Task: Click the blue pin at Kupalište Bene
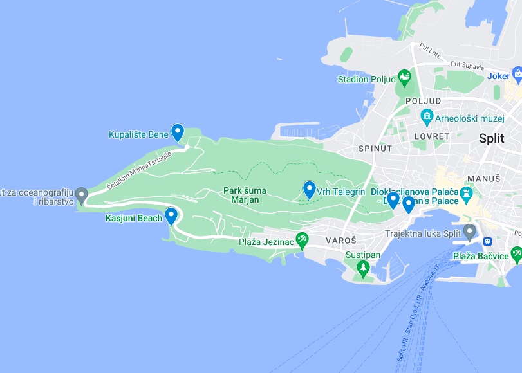pyautogui.click(x=177, y=132)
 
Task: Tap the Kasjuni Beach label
pyautogui.click(x=133, y=219)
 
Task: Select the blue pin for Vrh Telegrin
pyautogui.click(x=310, y=190)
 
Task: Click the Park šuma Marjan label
pyautogui.click(x=241, y=195)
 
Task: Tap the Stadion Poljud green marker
pyautogui.click(x=404, y=78)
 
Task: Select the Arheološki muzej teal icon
pyautogui.click(x=426, y=117)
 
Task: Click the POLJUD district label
pyautogui.click(x=423, y=101)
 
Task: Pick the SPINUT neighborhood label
pyautogui.click(x=375, y=149)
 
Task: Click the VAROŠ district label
pyautogui.click(x=341, y=241)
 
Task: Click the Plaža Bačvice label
pyautogui.click(x=480, y=256)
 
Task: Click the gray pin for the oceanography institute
pyautogui.click(x=81, y=194)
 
